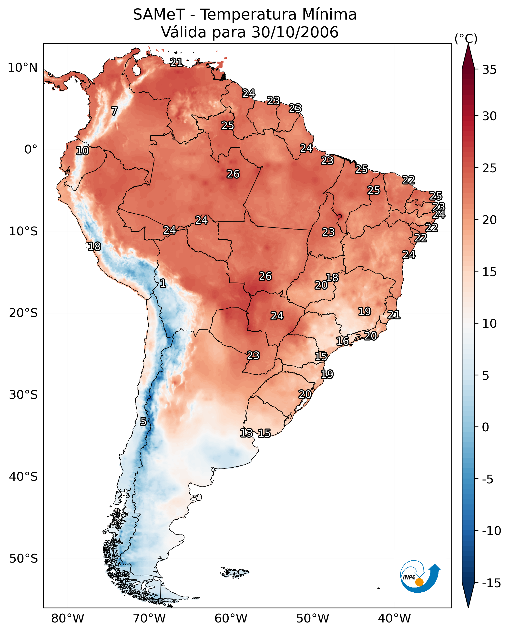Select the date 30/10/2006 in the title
point(295,32)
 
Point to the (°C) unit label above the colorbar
point(466,39)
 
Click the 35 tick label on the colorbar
point(489,70)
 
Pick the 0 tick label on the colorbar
point(486,427)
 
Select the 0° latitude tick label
point(31,150)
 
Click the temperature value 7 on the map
point(114,111)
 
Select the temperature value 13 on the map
point(246,433)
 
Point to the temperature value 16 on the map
point(342,341)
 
